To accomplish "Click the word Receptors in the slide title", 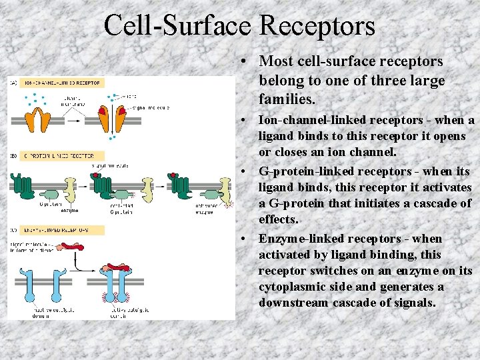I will point(317,25).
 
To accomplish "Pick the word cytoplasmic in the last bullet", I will point(292,287).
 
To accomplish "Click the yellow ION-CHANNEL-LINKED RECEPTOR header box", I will point(62,83).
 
